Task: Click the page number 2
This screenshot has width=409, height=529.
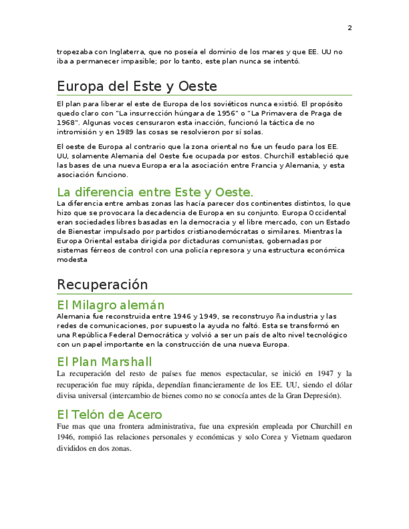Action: pos(350,28)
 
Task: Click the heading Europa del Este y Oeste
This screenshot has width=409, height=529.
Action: pos(137,85)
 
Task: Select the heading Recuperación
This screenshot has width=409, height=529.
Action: pos(102,284)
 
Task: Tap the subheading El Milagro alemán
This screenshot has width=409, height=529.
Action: pos(111,305)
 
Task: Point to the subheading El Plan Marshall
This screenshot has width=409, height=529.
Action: pos(104,362)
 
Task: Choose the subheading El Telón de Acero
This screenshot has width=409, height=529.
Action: pos(109,414)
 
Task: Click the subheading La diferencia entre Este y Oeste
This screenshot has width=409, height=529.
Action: pos(155,192)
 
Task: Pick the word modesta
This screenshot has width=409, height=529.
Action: pos(72,260)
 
